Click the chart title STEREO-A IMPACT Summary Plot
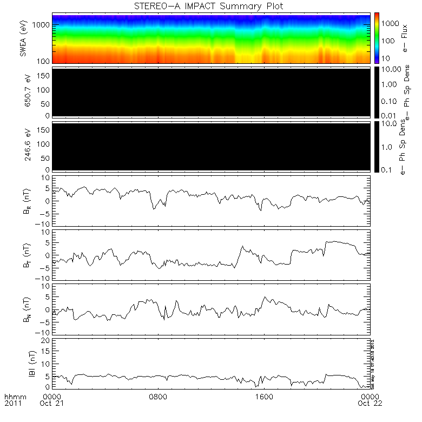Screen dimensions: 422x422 [212, 6]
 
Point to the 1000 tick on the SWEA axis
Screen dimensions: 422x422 [44, 25]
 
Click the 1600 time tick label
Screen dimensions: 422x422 [264, 396]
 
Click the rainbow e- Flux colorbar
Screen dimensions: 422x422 [376, 37]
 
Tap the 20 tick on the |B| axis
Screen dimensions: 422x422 [47, 340]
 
